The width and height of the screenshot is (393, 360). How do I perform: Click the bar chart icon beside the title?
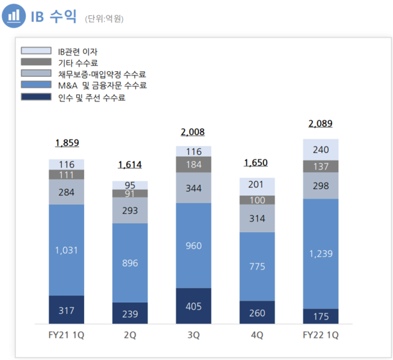(14, 17)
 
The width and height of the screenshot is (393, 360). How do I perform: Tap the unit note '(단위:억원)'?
(104, 19)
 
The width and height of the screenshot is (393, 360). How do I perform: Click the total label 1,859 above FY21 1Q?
(67, 143)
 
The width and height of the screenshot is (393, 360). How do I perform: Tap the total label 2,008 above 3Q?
(193, 131)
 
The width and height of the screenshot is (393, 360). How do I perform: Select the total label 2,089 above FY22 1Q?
(320, 124)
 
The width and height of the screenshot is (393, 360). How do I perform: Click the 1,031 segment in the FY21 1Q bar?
(67, 249)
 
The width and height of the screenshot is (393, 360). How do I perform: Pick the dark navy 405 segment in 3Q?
(193, 305)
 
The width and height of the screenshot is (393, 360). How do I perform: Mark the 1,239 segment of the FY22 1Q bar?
(320, 253)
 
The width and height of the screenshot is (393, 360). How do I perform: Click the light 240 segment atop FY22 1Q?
(320, 149)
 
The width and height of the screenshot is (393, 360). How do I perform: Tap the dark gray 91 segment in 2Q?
(130, 194)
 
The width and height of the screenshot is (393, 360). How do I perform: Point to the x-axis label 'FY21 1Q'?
(67, 335)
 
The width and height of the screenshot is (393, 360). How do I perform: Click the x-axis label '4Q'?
(257, 335)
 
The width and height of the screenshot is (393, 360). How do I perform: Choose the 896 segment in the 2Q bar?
(130, 262)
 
